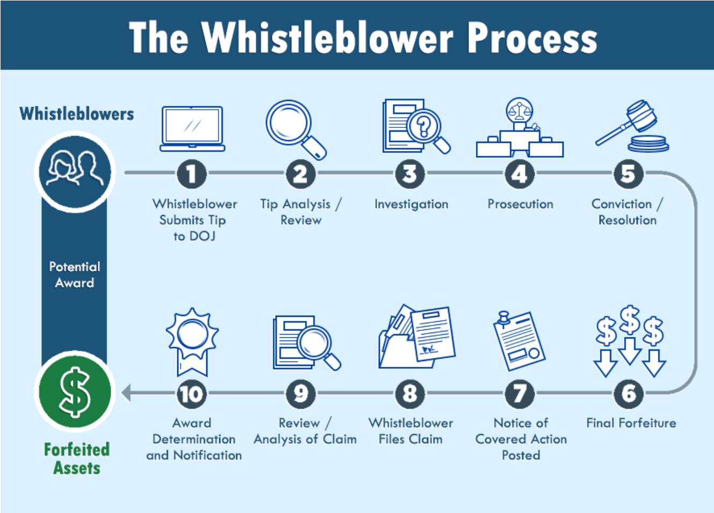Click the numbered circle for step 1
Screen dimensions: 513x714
click(192, 174)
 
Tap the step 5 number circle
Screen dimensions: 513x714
click(628, 174)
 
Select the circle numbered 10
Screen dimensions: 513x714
click(192, 394)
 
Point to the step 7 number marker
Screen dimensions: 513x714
click(520, 394)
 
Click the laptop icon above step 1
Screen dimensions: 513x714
click(192, 129)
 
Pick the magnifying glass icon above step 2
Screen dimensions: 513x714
click(295, 129)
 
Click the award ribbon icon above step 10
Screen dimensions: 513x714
click(192, 341)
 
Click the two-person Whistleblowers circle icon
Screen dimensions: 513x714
click(75, 171)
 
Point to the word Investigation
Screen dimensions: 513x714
click(411, 204)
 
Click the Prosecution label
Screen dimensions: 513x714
click(520, 204)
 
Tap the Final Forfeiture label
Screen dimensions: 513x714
click(631, 423)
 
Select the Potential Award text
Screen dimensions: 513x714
click(75, 274)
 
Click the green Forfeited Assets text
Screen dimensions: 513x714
click(76, 458)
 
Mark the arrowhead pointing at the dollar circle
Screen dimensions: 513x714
click(126, 393)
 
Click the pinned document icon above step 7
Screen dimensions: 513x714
click(519, 341)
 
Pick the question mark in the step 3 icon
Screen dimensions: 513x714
click(424, 127)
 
